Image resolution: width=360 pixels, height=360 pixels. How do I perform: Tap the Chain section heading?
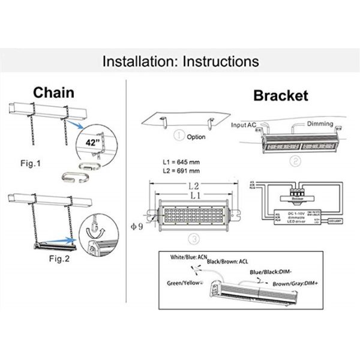pyautogui.click(x=53, y=92)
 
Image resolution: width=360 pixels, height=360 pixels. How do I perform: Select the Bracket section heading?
pyautogui.click(x=280, y=95)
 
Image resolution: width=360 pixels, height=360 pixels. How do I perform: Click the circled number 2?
pyautogui.click(x=295, y=160)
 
